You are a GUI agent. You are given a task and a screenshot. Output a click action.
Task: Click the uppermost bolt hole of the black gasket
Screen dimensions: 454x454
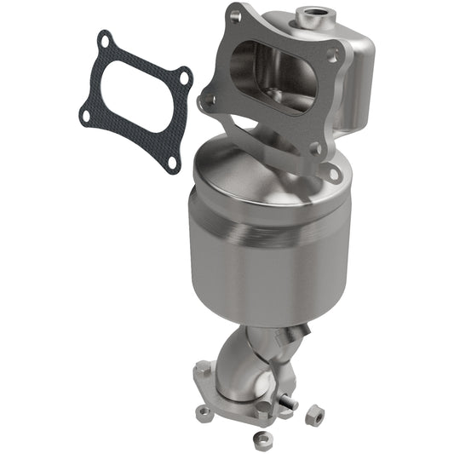point(104,38)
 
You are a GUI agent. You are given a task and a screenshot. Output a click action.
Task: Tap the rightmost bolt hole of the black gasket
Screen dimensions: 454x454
point(185,83)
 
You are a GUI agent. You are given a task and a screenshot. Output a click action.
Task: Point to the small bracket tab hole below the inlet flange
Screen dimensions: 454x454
point(334,175)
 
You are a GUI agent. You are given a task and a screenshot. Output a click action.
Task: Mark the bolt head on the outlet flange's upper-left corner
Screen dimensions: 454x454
point(201,370)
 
